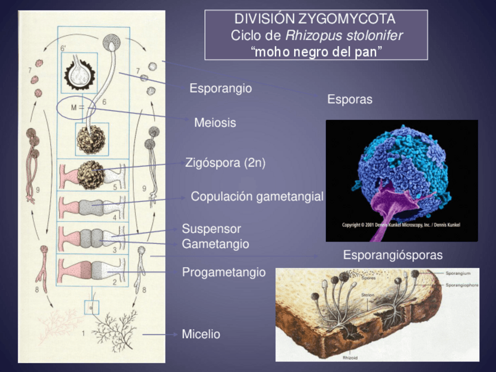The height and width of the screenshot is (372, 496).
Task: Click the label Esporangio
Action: click(x=221, y=89)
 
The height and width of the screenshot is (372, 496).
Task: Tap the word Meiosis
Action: click(x=215, y=123)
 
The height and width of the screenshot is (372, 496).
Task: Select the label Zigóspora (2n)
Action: click(x=225, y=163)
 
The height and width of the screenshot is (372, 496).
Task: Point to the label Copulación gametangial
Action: click(x=257, y=197)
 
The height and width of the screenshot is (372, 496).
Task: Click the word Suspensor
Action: click(x=211, y=229)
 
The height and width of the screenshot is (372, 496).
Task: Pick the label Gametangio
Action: click(x=215, y=244)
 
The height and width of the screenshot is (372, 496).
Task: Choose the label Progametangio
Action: click(x=223, y=273)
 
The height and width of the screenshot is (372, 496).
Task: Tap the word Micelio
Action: click(x=201, y=335)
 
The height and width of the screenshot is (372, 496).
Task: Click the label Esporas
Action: click(x=349, y=99)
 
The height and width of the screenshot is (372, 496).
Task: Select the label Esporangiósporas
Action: click(x=392, y=255)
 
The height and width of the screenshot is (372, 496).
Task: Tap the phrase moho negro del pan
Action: click(x=316, y=51)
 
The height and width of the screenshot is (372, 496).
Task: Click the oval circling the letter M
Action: click(x=75, y=108)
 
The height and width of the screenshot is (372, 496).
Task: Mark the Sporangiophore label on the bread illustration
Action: click(x=462, y=284)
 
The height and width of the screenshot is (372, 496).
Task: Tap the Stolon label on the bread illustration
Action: click(x=368, y=295)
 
